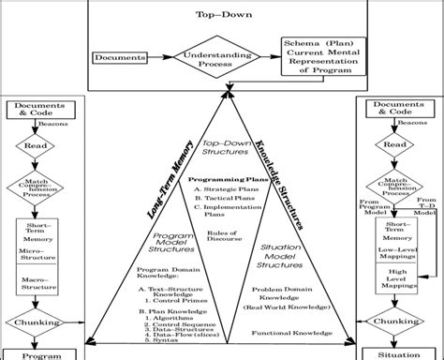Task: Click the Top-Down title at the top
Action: click(x=221, y=15)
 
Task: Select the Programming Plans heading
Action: click(x=223, y=179)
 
